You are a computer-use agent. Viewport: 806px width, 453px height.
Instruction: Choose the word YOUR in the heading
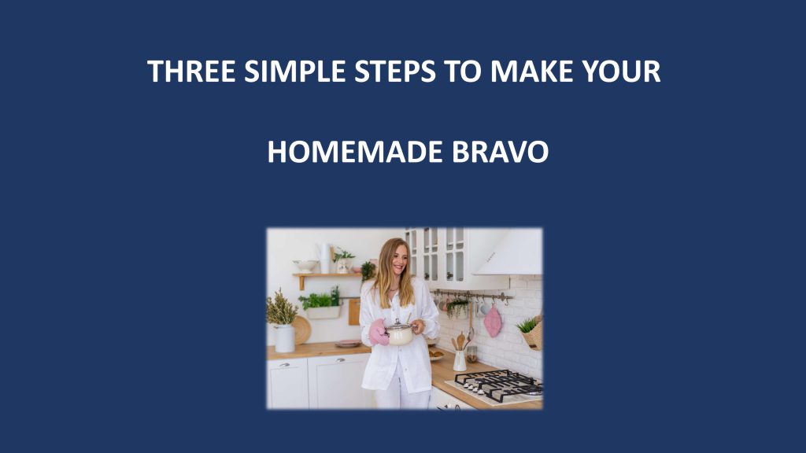click(x=621, y=72)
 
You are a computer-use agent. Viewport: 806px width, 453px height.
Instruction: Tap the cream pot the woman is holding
click(x=399, y=333)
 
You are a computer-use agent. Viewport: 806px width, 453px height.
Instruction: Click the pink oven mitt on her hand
click(x=379, y=333)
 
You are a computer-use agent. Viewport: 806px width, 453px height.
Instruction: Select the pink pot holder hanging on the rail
click(x=493, y=321)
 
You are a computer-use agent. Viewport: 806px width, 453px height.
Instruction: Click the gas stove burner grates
click(x=497, y=385)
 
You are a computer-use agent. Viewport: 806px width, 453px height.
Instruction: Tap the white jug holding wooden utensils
click(x=460, y=360)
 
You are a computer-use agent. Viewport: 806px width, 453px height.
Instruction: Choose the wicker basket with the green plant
click(x=534, y=333)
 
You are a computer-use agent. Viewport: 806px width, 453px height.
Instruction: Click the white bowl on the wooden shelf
click(x=305, y=266)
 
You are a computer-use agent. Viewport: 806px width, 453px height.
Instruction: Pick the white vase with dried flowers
click(x=283, y=338)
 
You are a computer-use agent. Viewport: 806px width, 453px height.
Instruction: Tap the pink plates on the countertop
click(x=348, y=344)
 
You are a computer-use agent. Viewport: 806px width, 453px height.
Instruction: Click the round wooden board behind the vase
click(x=302, y=330)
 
